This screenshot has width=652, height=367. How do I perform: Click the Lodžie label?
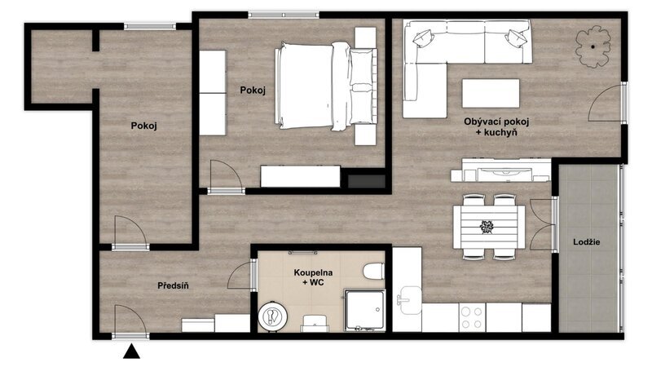[x=586, y=241]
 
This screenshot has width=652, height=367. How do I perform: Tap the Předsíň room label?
[x=173, y=286]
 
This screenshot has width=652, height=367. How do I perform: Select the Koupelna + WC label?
[x=313, y=277]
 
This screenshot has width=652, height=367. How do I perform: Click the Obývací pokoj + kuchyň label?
[x=496, y=127]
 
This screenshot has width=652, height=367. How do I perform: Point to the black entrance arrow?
[x=131, y=352]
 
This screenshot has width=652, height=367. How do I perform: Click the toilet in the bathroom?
[x=373, y=272]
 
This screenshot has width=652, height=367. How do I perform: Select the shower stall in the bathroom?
[x=364, y=311]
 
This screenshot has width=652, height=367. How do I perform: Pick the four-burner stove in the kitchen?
[x=472, y=317]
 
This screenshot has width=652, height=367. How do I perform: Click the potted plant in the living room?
[x=593, y=46]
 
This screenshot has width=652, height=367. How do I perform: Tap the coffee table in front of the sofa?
[x=491, y=94]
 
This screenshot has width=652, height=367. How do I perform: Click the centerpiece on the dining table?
[x=487, y=227]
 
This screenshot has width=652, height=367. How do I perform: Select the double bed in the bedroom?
[x=326, y=86]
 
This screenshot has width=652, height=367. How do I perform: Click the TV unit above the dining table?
[x=500, y=170]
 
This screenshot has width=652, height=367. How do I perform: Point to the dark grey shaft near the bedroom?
[x=366, y=181]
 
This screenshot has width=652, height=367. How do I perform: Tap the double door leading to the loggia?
[x=544, y=225]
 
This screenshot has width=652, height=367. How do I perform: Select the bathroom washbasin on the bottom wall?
[x=314, y=323]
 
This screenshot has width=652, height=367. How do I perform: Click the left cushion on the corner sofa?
[x=423, y=38]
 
